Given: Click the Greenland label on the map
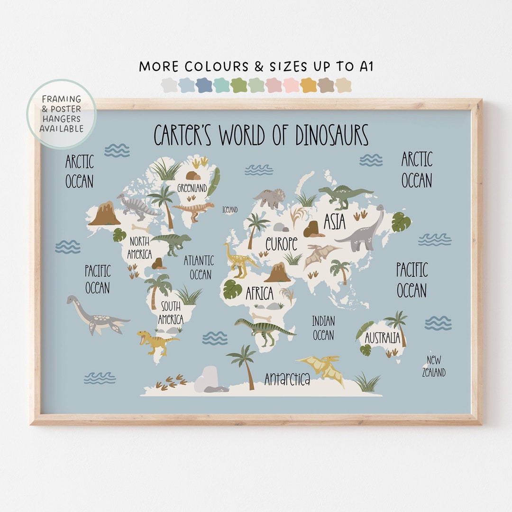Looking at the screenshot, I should [x=192, y=188].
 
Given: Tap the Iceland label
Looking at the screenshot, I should [x=230, y=210].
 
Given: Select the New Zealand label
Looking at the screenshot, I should [x=434, y=366].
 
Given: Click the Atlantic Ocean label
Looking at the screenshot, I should [x=199, y=267].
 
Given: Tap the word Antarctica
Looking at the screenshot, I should [x=287, y=379].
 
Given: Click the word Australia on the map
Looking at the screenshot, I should [x=382, y=338].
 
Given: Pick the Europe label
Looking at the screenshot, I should [x=281, y=244].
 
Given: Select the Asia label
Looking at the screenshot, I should [x=334, y=222].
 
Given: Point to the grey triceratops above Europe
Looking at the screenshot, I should [x=270, y=198].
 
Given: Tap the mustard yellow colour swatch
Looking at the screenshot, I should [x=308, y=85].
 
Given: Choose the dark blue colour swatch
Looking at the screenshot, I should [x=204, y=85].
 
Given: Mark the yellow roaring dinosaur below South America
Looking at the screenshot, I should [x=155, y=341].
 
